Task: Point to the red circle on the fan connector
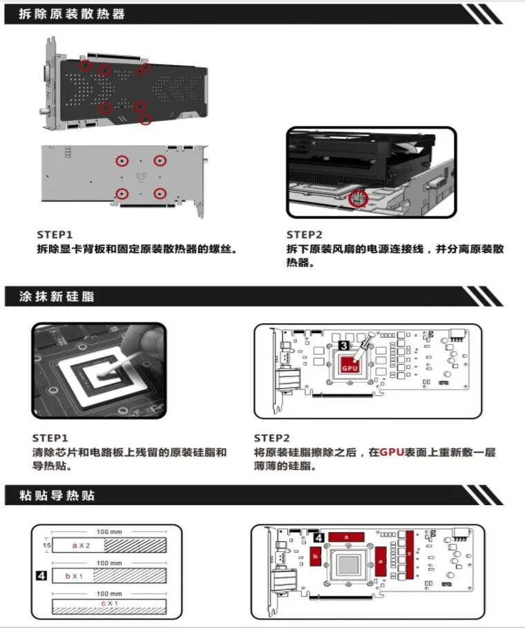point(357,198)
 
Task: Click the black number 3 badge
point(344,345)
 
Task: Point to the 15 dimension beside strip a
point(47,545)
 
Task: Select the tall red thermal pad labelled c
point(410,554)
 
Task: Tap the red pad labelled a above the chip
point(346,536)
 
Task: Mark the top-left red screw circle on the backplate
point(86,66)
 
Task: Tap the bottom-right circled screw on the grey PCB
point(160,193)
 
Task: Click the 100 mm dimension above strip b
point(110,563)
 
